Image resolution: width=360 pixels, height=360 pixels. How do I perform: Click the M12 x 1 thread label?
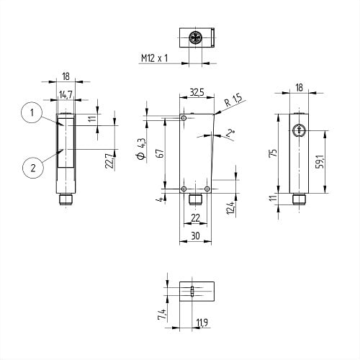click(154, 58)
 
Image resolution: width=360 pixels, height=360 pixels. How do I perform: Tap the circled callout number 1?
click(32, 112)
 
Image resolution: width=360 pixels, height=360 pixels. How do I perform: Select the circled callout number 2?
click(33, 168)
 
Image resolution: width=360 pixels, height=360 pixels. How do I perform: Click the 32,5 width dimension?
click(197, 92)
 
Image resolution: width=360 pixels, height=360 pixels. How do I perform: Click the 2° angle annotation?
click(230, 133)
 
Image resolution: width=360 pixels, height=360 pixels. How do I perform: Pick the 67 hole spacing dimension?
click(161, 153)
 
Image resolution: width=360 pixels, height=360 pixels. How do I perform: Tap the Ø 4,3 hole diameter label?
click(141, 149)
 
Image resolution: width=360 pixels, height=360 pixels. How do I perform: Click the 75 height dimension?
click(274, 153)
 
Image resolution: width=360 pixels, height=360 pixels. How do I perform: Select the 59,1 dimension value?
click(321, 161)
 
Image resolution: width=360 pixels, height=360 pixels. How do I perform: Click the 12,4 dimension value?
click(230, 207)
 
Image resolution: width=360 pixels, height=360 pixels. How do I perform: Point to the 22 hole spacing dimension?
click(195, 218)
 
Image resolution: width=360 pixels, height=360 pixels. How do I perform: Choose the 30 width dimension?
click(196, 236)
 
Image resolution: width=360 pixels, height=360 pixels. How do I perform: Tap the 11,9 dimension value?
click(202, 323)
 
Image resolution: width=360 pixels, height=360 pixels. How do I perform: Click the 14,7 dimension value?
click(66, 95)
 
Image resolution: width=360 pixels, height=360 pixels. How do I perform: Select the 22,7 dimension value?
click(109, 161)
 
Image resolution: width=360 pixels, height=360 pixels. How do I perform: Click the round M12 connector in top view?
click(195, 37)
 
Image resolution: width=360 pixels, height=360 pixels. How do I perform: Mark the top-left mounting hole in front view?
click(184, 118)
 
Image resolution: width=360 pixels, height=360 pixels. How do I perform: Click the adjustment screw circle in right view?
click(299, 131)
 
